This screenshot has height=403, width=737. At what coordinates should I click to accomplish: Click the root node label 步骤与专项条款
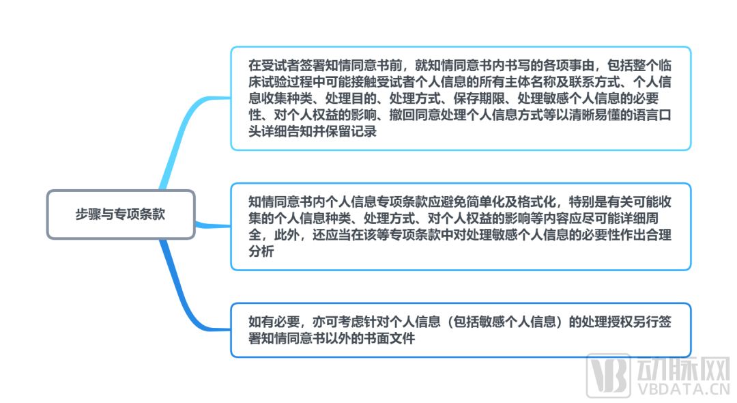click(120, 214)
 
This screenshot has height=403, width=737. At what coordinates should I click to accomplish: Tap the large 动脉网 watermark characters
click(683, 370)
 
